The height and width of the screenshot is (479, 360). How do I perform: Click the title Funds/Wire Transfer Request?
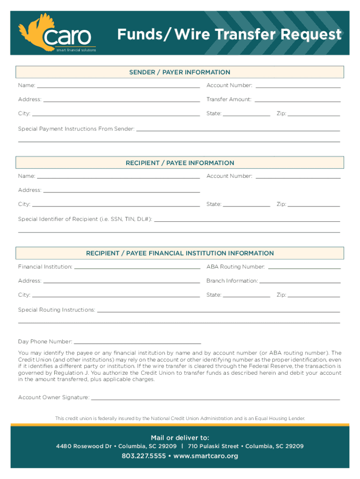(x=229, y=35)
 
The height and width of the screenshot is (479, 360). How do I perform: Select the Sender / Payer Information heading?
(x=180, y=72)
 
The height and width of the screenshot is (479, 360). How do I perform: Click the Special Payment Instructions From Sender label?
(x=76, y=129)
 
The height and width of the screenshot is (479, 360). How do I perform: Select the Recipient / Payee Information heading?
(x=180, y=163)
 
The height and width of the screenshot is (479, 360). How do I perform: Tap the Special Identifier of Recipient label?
(x=85, y=219)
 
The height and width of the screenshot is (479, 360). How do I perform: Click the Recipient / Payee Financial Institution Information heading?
(x=180, y=253)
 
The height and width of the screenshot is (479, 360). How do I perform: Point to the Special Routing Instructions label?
(x=57, y=310)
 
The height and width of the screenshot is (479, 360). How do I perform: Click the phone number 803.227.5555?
(x=144, y=456)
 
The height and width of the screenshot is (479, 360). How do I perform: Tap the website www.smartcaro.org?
(x=206, y=456)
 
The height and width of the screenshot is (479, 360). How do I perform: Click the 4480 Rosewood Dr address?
(x=116, y=446)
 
